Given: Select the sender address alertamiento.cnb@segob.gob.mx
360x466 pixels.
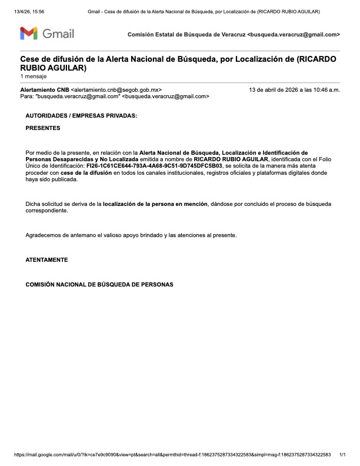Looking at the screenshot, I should (116, 89).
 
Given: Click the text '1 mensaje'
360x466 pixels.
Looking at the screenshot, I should (32, 76).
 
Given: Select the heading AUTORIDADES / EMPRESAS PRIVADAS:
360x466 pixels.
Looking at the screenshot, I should (81, 116).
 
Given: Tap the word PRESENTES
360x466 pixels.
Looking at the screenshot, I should (43, 128).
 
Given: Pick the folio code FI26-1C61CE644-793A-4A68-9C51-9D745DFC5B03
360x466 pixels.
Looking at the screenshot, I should (155, 166).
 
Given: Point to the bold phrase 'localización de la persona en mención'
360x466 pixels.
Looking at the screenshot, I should (155, 204).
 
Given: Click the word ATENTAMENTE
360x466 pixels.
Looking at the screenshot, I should (47, 259).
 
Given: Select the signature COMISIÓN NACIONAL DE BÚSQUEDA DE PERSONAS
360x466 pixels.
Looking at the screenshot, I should (99, 284).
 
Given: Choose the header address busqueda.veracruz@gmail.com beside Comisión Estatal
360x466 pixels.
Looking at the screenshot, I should (294, 35).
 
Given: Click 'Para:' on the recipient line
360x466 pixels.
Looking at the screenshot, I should (26, 96).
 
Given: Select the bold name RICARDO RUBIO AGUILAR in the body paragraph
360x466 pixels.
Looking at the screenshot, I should (231, 159).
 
